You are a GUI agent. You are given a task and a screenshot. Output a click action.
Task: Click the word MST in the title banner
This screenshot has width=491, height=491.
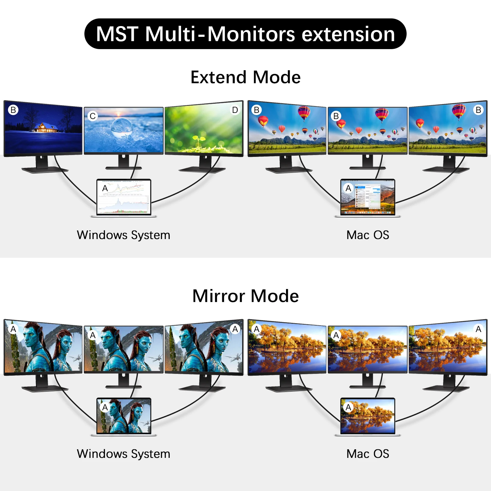click(117, 34)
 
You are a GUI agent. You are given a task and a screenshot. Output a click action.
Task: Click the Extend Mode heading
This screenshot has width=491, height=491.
click(245, 77)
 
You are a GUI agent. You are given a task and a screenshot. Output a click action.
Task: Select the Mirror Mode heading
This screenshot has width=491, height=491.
click(245, 296)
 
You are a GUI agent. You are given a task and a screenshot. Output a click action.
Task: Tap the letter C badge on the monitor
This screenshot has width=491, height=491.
click(93, 116)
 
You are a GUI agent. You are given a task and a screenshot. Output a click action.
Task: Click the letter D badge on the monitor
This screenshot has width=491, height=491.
click(235, 110)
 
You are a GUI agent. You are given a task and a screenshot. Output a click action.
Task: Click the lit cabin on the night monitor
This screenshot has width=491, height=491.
click(46, 127)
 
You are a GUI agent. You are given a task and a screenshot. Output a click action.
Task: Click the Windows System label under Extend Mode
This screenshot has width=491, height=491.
click(123, 235)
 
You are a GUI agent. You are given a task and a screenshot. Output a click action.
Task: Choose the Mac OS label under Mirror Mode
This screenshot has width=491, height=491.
click(368, 454)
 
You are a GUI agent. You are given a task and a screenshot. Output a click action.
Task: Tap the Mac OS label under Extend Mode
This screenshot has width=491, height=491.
click(368, 235)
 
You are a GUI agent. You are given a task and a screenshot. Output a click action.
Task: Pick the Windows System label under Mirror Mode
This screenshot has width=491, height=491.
click(123, 454)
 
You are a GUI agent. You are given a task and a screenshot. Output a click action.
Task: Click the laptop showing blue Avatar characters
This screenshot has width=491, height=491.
click(124, 416)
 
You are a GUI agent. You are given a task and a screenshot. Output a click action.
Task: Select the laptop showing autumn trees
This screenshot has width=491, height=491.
click(368, 416)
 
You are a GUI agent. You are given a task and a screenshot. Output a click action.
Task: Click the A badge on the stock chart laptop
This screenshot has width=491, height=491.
click(105, 188)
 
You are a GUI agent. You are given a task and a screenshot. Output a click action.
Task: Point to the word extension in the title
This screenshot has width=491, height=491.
click(348, 34)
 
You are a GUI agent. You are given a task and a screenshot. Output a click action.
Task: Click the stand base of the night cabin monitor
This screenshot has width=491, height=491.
click(44, 170)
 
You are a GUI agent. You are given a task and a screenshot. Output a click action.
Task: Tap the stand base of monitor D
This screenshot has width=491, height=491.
click(203, 170)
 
